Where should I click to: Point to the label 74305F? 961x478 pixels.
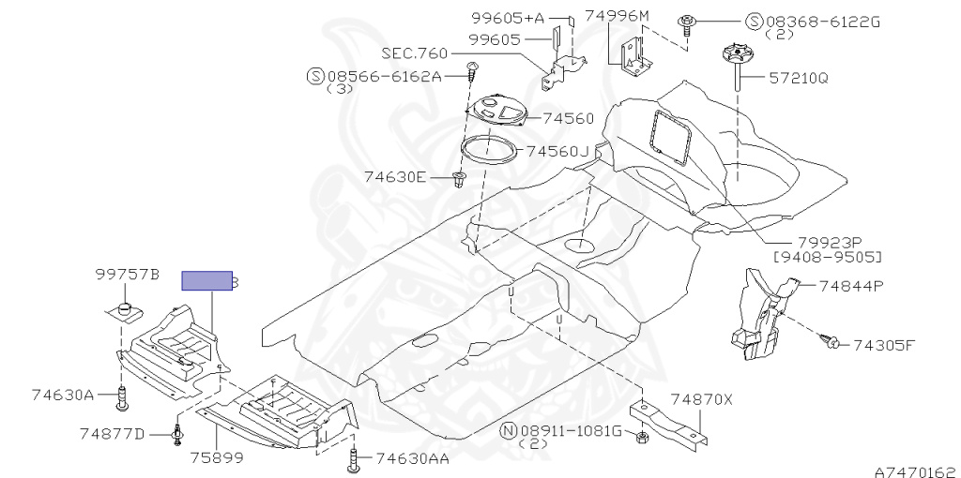(x=884, y=344)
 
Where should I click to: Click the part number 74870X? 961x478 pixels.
(x=700, y=398)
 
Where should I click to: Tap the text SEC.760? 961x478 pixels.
(x=414, y=53)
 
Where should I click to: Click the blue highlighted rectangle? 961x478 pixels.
(x=206, y=281)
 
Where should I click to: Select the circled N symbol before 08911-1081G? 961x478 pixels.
(x=508, y=430)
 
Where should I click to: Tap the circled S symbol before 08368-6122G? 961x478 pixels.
(x=754, y=22)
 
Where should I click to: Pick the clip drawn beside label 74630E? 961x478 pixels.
(x=459, y=178)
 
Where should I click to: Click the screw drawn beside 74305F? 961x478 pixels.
(x=831, y=343)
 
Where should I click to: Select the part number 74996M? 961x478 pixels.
(x=617, y=16)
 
